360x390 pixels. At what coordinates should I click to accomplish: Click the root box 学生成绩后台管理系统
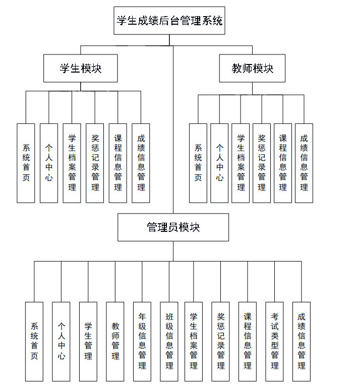point(169,21)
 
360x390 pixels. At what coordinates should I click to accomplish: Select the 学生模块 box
point(81,68)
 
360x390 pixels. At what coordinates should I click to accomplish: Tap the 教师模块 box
point(252,68)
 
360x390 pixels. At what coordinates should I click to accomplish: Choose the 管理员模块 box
point(173,227)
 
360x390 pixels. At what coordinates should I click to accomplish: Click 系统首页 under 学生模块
point(26,163)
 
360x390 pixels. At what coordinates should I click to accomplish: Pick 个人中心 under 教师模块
point(219,163)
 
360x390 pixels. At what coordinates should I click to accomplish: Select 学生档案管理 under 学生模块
point(72,163)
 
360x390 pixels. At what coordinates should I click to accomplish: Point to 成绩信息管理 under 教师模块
point(304,163)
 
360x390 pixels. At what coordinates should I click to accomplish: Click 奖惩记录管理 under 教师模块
point(261,163)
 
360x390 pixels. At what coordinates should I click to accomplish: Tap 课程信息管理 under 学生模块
point(117,163)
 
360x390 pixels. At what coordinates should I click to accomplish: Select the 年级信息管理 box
point(142,341)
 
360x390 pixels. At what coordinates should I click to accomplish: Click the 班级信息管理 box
point(169,341)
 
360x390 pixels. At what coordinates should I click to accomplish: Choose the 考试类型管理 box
point(274,341)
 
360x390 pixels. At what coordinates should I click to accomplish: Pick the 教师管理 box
point(115,341)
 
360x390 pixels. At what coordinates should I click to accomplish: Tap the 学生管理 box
point(88,341)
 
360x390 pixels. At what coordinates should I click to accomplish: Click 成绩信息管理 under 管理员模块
point(301,341)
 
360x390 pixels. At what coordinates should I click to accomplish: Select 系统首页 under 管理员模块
point(34,341)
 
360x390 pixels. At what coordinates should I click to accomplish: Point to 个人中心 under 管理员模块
point(61,341)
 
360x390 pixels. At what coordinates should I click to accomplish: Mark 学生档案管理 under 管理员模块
point(194,341)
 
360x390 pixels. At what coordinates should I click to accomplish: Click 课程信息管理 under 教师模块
point(283,163)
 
